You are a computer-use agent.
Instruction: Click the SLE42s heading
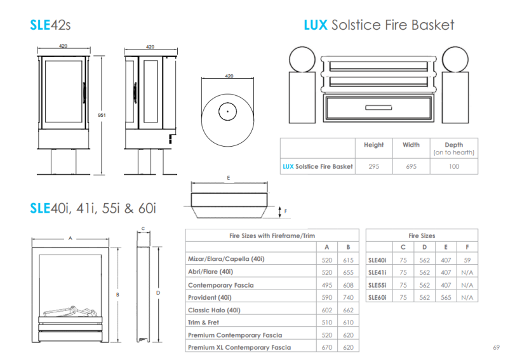pos(50,25)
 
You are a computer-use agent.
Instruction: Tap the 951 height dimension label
pos(102,115)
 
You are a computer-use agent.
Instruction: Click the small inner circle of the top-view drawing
pos(227,112)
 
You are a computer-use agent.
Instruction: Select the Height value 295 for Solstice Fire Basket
pos(373,166)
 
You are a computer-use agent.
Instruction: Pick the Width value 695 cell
pos(411,166)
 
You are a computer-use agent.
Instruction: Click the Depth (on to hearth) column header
pos(454,149)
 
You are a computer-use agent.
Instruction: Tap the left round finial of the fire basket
pos(302,59)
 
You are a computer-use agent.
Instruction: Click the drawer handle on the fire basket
pos(378,107)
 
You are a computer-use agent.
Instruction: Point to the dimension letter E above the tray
pos(229,178)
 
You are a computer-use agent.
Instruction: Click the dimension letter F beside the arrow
pos(285,211)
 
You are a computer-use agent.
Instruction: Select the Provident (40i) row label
pos(210,298)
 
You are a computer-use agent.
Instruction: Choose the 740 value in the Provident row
pos(348,298)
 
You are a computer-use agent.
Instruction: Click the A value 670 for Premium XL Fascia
pos(326,347)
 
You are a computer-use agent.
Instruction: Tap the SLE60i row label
pos(377,298)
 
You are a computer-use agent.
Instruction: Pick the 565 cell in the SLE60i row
pos(446,298)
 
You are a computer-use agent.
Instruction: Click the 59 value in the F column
pos(467,260)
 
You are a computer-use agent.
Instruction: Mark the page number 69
pos(497,347)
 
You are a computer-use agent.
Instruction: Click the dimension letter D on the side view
pos(158,293)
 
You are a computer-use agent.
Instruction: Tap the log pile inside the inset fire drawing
pos(70,311)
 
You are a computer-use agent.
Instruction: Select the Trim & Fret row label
pos(203,323)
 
